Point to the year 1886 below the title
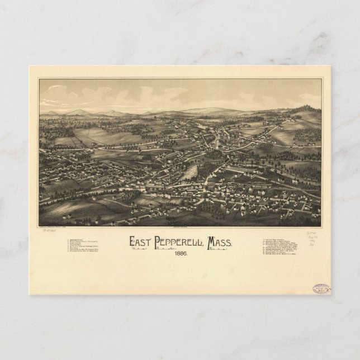[180, 253]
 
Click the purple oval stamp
[321, 289]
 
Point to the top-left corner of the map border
[39, 79]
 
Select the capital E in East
[133, 241]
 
